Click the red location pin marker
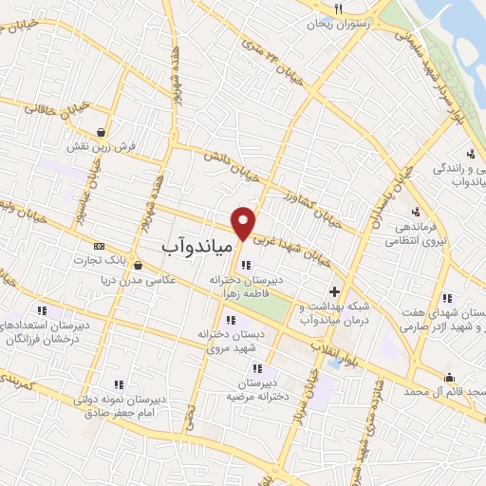pyautogui.click(x=244, y=221)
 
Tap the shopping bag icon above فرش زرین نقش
pyautogui.click(x=100, y=132)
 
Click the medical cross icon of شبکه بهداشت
pyautogui.click(x=333, y=291)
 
